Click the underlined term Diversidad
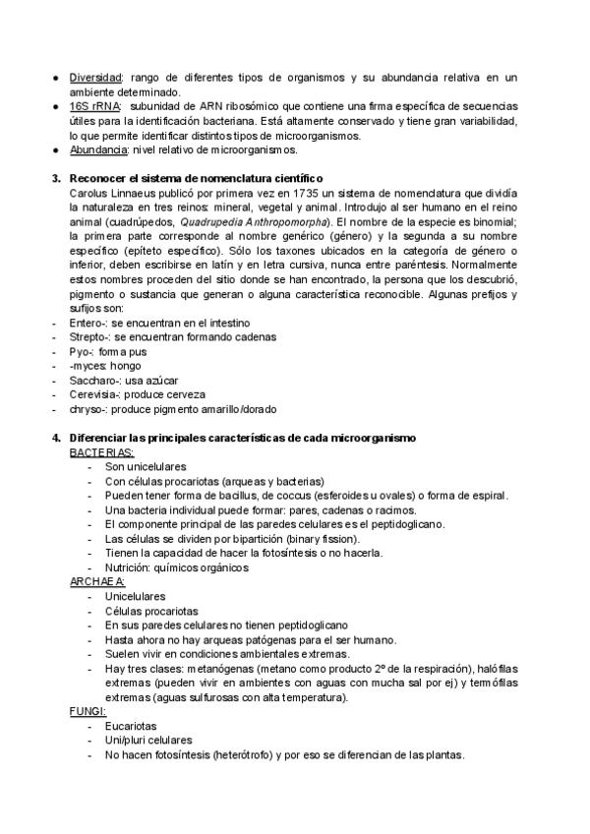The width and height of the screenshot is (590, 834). pos(95,78)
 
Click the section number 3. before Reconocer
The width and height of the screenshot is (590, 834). pos(55,179)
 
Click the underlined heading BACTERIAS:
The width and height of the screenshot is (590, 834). pos(101,452)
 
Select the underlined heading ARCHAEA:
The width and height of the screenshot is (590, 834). pos(97,582)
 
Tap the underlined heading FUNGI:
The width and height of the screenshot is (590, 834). pos(88,710)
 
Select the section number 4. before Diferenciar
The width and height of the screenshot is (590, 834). pos(55,438)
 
